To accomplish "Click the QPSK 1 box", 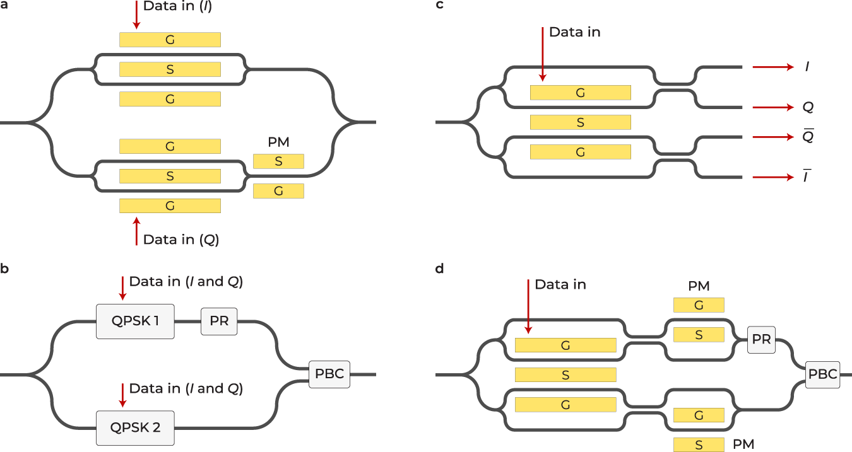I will (x=135, y=322).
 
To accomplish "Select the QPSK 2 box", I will (x=135, y=427).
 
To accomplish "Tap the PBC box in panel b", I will (x=329, y=374).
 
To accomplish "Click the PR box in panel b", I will (x=219, y=322).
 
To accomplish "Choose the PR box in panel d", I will (x=762, y=339).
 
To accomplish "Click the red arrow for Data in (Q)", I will (x=136, y=231).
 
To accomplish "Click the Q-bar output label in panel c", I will (x=808, y=136).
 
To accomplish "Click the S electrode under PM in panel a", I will (x=278, y=161).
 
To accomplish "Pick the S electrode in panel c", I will (x=581, y=122).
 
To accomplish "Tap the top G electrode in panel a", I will (x=170, y=40).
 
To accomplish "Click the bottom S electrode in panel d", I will (x=699, y=444).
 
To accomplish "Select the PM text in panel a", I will (x=278, y=143).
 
